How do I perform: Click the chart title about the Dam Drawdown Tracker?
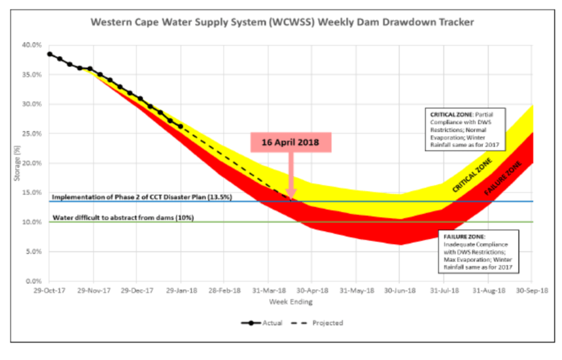click(x=282, y=22)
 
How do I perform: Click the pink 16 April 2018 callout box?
click(x=291, y=142)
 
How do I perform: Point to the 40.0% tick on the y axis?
click(x=32, y=45)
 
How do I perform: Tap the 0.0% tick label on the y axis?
click(x=34, y=281)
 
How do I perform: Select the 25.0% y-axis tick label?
click(x=32, y=134)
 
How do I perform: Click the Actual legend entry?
click(x=262, y=323)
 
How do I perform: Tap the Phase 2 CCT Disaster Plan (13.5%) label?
click(x=141, y=197)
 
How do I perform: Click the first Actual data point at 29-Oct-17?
click(x=50, y=54)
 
